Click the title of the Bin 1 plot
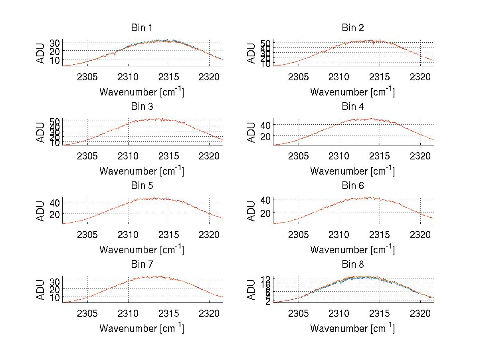pyautogui.click(x=141, y=28)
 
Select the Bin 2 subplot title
pyautogui.click(x=352, y=28)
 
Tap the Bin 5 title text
pyautogui.click(x=141, y=186)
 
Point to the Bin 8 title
pyautogui.click(x=352, y=265)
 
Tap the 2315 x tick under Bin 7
pyautogui.click(x=169, y=314)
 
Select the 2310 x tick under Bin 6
pyautogui.click(x=339, y=235)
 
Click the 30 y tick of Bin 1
pyautogui.click(x=55, y=43)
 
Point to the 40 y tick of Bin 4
pyautogui.click(x=265, y=125)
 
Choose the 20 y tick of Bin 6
pyautogui.click(x=265, y=213)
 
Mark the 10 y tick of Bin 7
pyautogui.click(x=55, y=298)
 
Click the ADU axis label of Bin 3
pyautogui.click(x=41, y=132)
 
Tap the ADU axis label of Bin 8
pyautogui.click(x=251, y=290)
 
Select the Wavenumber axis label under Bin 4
pyautogui.click(x=352, y=171)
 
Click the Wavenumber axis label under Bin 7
pyautogui.click(x=141, y=328)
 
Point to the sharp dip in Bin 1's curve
pyautogui.click(x=115, y=54)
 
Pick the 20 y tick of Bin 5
pyautogui.click(x=55, y=214)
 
